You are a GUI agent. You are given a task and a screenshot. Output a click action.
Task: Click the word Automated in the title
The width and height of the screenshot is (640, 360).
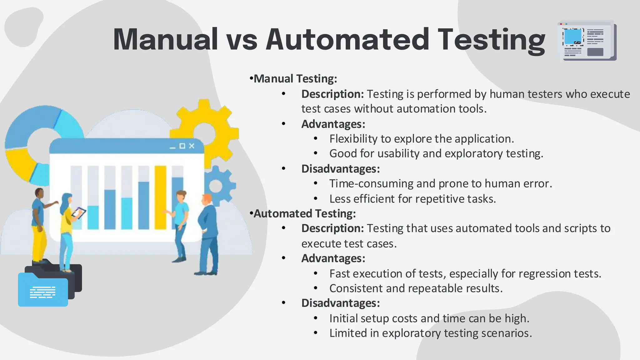(347, 40)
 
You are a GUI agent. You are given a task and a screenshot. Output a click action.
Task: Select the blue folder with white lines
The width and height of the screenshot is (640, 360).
(42, 291)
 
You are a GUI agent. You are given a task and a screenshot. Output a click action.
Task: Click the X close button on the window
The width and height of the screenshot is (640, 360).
(192, 146)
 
